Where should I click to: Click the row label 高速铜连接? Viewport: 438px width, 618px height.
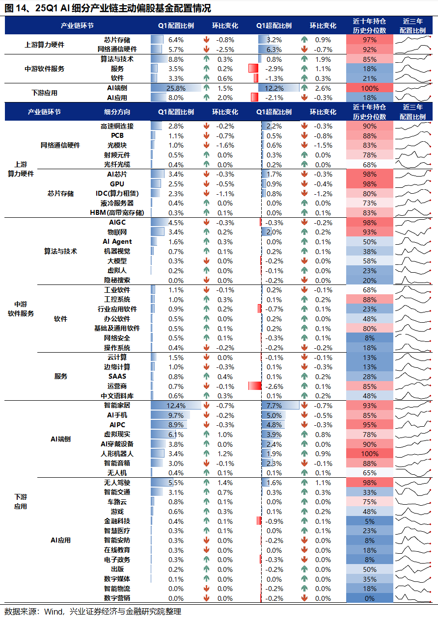(117, 126)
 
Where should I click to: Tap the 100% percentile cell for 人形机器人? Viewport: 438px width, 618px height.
(370, 454)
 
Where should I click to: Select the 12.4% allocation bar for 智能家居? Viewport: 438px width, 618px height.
(176, 406)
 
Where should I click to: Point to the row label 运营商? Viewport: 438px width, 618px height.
(117, 386)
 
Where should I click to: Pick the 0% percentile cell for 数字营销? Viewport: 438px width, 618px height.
(370, 598)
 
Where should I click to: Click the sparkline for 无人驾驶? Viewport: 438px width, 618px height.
(413, 483)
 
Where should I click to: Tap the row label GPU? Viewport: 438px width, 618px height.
(117, 184)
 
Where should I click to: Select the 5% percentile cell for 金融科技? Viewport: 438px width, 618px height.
(370, 521)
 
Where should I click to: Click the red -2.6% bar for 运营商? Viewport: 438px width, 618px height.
(255, 386)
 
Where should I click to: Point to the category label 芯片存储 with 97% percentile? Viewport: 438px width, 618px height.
(117, 40)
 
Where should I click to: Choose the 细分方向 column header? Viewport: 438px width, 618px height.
(117, 112)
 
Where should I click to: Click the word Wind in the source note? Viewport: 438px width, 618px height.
(54, 611)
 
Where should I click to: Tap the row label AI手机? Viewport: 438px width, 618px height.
(117, 415)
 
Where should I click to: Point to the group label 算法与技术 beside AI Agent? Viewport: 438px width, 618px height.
(61, 251)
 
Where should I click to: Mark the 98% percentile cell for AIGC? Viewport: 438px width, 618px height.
(370, 223)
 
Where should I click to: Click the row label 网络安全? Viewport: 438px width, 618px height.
(117, 338)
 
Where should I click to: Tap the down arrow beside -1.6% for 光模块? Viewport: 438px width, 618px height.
(207, 145)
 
